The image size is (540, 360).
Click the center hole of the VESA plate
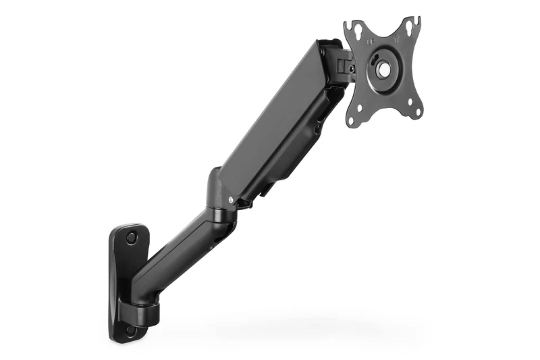(384, 69)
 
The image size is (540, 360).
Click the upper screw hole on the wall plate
(132, 237)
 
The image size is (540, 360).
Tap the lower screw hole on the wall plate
(130, 330)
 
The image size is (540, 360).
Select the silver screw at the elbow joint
(232, 199)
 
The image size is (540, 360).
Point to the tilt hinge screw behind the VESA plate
(351, 68)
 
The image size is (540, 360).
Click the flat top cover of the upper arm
(270, 115)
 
